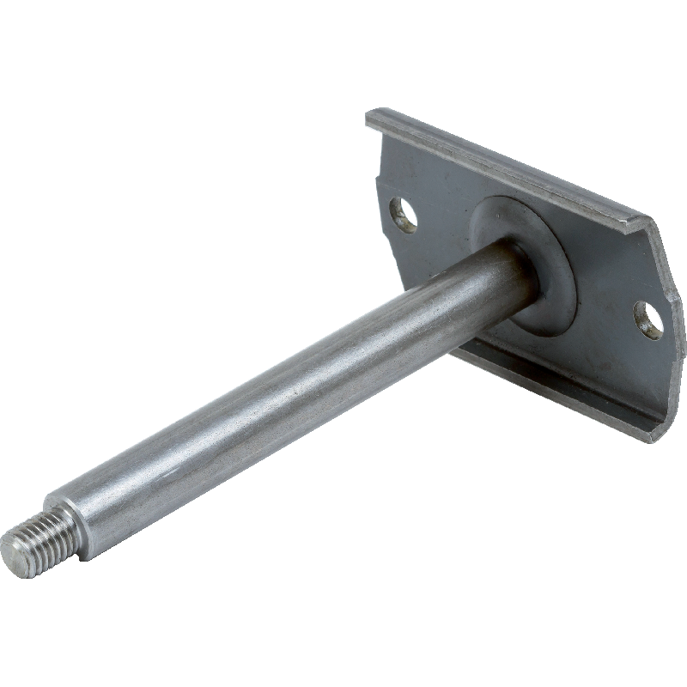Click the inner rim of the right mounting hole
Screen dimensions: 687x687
coord(642,314)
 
